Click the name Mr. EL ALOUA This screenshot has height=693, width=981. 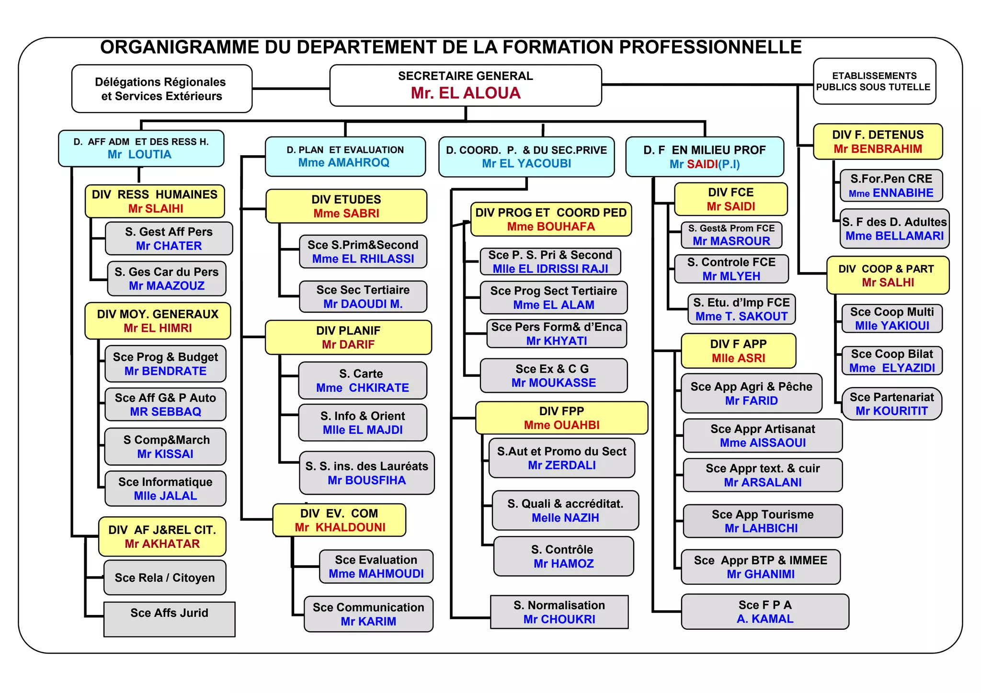coord(465,93)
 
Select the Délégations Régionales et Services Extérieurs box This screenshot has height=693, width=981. coord(162,89)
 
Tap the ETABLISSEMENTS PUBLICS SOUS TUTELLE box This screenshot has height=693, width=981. coord(874,81)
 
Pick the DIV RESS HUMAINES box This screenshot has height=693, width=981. coord(155,201)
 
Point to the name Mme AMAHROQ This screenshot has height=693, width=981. coord(343,163)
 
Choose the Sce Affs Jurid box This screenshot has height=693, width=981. coord(169,619)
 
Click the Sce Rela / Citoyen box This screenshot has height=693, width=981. coord(165,578)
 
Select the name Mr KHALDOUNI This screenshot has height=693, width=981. coord(340,527)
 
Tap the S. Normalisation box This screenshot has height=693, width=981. coord(559,612)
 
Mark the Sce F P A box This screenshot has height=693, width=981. coord(765,612)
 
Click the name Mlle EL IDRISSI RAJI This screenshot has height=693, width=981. coord(550,269)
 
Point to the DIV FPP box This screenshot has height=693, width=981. coord(561,418)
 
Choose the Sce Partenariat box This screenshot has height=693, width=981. coord(891,404)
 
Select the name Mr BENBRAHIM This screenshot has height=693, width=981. coord(878,149)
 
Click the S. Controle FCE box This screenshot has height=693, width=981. coord(731,269)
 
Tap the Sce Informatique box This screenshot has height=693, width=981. coord(165,489)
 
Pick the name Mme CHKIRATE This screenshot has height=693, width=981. coord(362,388)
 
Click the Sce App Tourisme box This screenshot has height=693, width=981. coord(762,521)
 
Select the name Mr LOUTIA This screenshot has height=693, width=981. coord(139,155)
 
